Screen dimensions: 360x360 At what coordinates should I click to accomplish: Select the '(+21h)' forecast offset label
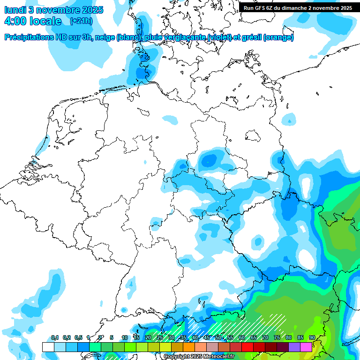tap(81, 21)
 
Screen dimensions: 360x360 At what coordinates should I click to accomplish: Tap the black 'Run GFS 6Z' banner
tap(298, 8)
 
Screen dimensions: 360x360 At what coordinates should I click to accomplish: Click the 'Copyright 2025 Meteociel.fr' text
tap(199, 357)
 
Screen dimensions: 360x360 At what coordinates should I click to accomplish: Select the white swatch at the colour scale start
tap(48, 347)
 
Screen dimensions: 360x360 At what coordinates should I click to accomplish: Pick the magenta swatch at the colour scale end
tap(306, 347)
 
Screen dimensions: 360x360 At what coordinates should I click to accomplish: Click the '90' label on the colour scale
tap(312, 337)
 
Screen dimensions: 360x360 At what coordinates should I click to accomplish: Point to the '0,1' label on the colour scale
tap(54, 337)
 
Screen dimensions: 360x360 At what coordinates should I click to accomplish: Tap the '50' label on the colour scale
tap(218, 337)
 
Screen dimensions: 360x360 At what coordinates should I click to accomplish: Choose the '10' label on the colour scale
tap(125, 337)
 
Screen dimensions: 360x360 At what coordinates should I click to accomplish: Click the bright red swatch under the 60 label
tap(247, 347)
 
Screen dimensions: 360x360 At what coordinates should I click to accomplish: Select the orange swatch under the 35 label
tap(189, 347)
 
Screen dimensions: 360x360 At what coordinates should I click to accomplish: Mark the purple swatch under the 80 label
tap(294, 347)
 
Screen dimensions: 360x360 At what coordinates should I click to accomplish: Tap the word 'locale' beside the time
tap(45, 21)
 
